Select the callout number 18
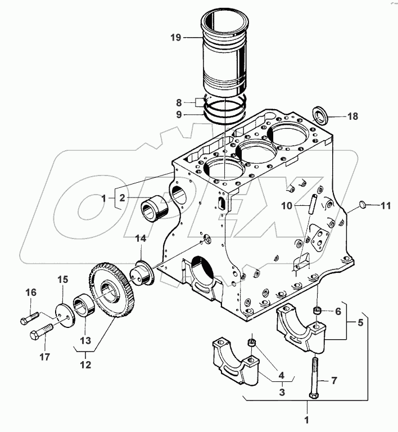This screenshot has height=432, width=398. tap(352, 116)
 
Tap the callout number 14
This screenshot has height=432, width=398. tap(141, 238)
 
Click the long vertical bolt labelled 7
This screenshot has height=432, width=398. tap(313, 378)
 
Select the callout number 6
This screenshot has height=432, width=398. tap(338, 311)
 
